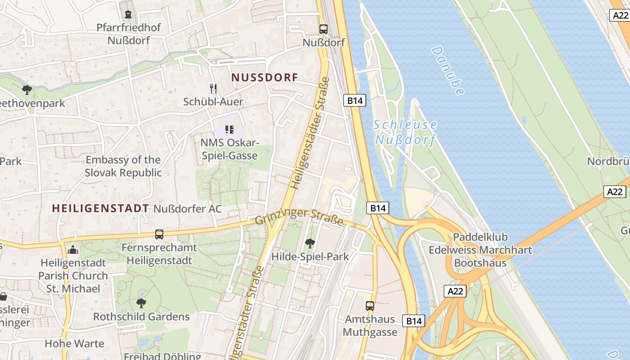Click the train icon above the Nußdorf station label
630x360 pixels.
tap(323, 29)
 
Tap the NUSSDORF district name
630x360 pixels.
tap(265, 77)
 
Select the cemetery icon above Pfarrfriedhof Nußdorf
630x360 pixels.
tap(128, 14)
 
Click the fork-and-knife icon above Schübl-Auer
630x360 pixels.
tap(213, 88)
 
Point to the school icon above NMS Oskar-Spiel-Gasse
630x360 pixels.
tap(229, 130)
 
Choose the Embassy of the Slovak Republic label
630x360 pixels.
tap(123, 166)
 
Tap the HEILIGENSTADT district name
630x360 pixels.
tap(100, 208)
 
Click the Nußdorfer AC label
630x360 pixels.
tap(188, 209)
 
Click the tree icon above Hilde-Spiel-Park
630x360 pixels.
tap(310, 243)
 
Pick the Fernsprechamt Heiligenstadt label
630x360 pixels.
tap(159, 254)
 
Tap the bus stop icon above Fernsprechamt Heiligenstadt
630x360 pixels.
tap(159, 234)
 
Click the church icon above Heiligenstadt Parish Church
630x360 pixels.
tap(73, 250)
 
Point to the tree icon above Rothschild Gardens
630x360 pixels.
tap(141, 303)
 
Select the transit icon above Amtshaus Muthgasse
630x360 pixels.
tap(370, 306)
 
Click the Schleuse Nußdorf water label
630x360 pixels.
tap(405, 132)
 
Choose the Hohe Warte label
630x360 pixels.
tap(74, 344)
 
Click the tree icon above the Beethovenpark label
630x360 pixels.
tap(27, 90)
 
